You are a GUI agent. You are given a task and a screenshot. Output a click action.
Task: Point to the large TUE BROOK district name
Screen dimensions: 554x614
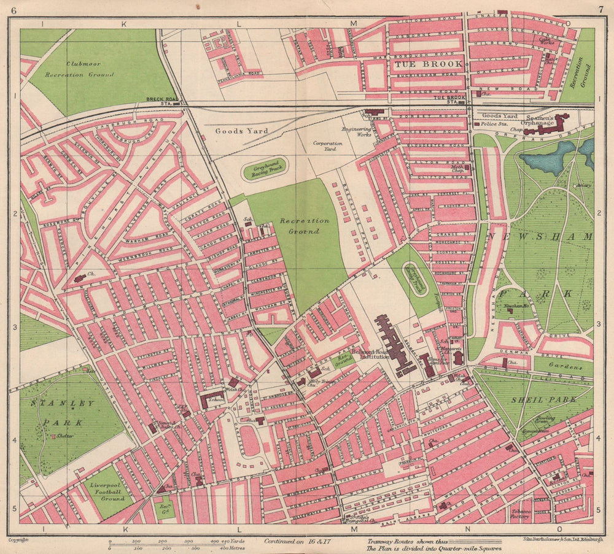point(416,63)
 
